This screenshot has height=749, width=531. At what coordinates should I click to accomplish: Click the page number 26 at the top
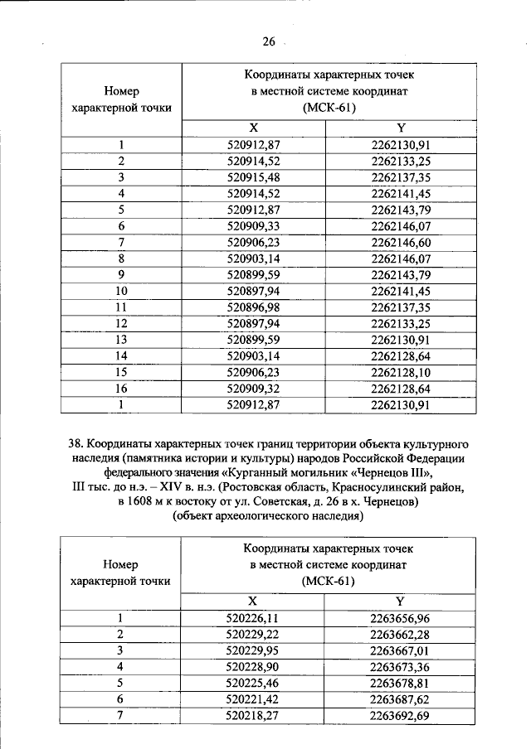(268, 41)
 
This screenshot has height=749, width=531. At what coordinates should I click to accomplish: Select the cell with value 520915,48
(259, 177)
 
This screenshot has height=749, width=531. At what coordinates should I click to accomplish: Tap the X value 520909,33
(259, 225)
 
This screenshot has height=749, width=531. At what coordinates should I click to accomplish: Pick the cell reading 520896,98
(259, 307)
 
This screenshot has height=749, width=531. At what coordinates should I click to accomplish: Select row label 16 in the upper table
(121, 388)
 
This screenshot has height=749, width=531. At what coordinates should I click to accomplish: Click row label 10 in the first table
(121, 291)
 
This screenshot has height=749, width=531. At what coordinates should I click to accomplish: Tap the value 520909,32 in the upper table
(259, 388)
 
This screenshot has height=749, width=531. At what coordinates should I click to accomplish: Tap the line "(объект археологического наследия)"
(268, 517)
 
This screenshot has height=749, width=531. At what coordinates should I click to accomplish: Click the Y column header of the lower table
(400, 600)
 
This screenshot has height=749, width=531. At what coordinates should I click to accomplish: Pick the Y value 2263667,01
(401, 650)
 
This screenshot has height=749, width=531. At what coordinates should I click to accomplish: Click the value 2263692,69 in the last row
(401, 714)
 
